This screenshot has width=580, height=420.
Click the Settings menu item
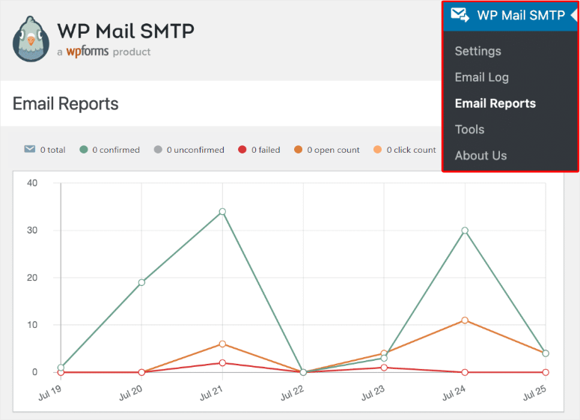pyautogui.click(x=477, y=51)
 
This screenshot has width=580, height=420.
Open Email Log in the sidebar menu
pyautogui.click(x=481, y=77)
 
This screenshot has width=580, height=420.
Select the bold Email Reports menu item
pyautogui.click(x=495, y=103)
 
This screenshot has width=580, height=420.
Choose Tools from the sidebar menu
pyautogui.click(x=469, y=130)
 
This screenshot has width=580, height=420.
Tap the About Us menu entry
pyautogui.click(x=480, y=156)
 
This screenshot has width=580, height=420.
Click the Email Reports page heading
pyautogui.click(x=66, y=104)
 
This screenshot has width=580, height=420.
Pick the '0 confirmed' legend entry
pyautogui.click(x=110, y=150)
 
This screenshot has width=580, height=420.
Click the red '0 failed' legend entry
pyautogui.click(x=259, y=150)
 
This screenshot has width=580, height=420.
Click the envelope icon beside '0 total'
pyautogui.click(x=30, y=150)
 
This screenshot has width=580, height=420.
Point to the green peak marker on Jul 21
pyautogui.click(x=222, y=212)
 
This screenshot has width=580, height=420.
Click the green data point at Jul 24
pyautogui.click(x=465, y=231)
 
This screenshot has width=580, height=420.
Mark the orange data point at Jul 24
pyautogui.click(x=465, y=320)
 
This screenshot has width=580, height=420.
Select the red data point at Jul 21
pyautogui.click(x=222, y=363)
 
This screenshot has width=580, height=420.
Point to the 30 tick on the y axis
pyautogui.click(x=31, y=231)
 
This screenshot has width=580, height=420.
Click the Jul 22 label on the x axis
pyautogui.click(x=292, y=393)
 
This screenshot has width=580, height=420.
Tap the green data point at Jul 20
pyautogui.click(x=141, y=282)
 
